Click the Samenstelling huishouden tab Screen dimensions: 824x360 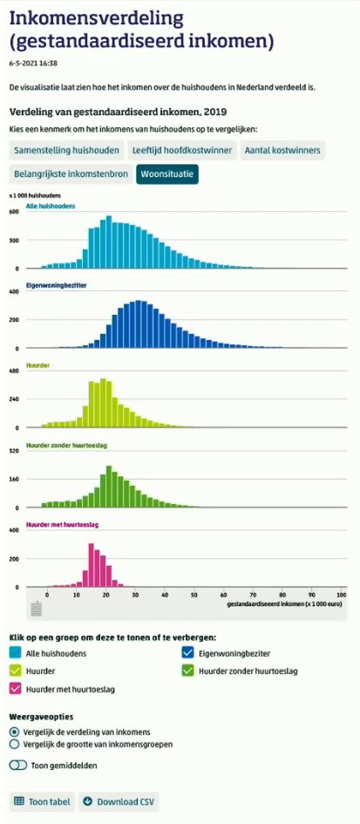[x=66, y=151]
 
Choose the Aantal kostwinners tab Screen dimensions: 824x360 [x=282, y=151]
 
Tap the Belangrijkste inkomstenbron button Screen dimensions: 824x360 [x=71, y=174]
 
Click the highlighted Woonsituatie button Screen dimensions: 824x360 [x=168, y=174]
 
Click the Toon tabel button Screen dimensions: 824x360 [x=42, y=801]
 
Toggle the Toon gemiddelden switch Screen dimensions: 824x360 [x=17, y=765]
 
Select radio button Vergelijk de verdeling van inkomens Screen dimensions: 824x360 [x=14, y=732]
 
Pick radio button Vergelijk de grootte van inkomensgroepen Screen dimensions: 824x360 [x=14, y=745]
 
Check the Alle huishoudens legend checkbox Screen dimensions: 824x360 [x=15, y=653]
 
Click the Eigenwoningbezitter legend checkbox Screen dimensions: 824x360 [x=187, y=653]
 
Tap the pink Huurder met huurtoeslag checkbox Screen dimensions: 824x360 [x=15, y=689]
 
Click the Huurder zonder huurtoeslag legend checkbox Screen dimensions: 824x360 [x=187, y=671]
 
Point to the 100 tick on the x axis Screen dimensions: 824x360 [x=341, y=594]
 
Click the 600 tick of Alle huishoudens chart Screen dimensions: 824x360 [x=14, y=212]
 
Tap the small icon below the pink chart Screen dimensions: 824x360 [x=37, y=609]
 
